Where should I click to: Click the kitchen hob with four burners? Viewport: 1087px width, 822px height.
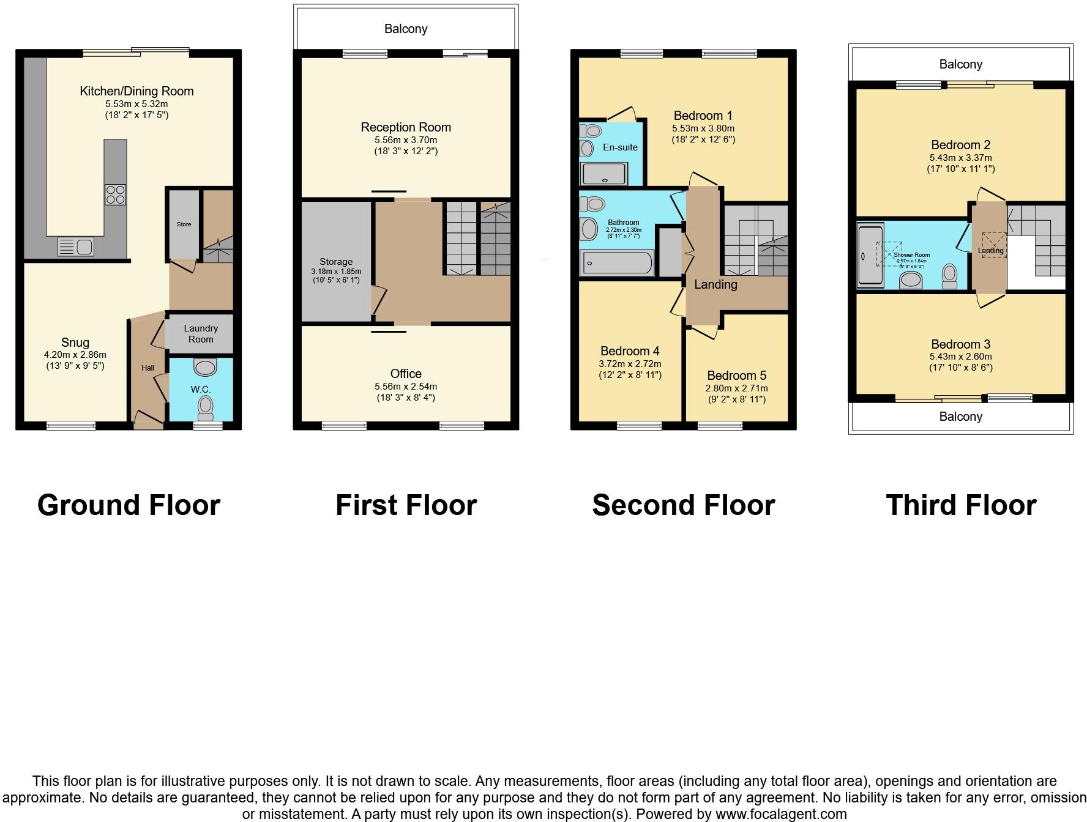[115, 194]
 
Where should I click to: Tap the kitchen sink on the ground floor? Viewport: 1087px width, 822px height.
[75, 246]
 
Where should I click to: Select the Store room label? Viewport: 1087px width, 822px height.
[184, 224]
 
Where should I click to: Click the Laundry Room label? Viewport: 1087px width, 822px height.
[201, 334]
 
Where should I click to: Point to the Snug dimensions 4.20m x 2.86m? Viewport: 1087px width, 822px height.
[75, 355]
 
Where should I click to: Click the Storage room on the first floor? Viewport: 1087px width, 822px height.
[336, 262]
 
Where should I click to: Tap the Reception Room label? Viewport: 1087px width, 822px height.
[406, 127]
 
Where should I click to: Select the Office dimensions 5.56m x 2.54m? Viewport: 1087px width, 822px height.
[406, 387]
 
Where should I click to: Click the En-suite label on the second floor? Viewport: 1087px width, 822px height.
[620, 147]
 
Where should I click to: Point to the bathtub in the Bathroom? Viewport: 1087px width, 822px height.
[616, 264]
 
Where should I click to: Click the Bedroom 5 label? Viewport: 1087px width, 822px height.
[736, 376]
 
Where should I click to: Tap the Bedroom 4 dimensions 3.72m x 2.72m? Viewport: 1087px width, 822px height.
[630, 364]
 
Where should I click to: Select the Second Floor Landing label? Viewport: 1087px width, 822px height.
[715, 284]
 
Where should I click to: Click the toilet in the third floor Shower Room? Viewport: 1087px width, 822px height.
[949, 276]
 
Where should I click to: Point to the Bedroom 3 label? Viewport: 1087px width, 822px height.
[960, 344]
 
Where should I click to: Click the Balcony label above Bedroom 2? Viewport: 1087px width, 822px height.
[960, 64]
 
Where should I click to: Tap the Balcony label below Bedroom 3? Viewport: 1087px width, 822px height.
[960, 417]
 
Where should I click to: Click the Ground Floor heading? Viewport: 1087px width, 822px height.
[129, 505]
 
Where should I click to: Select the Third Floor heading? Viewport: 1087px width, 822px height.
[961, 505]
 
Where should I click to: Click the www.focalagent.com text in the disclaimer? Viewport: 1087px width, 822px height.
[781, 814]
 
